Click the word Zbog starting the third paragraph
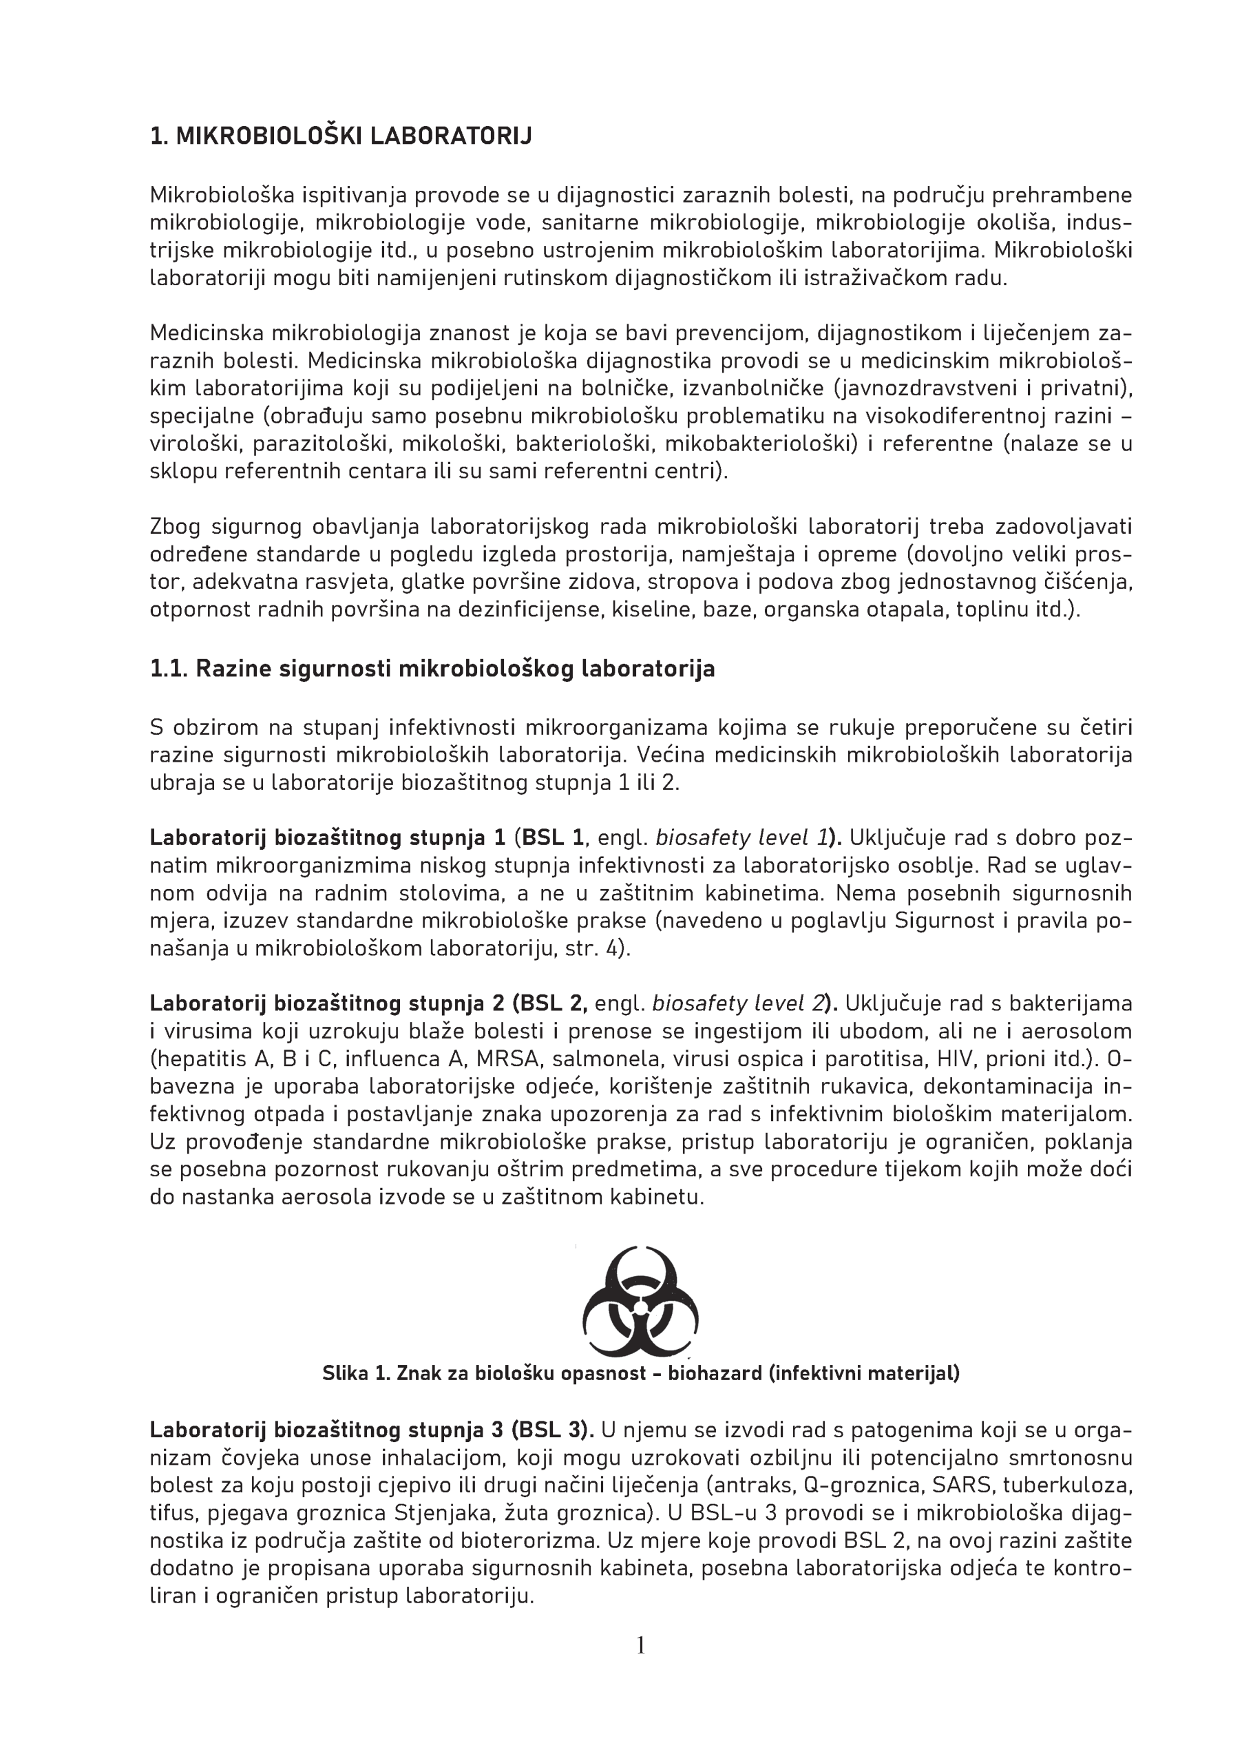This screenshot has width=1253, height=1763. click(x=175, y=527)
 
